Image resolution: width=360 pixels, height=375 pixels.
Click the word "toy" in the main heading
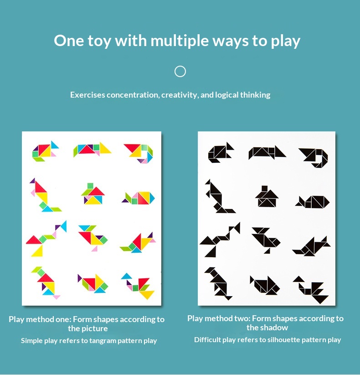pos(99,41)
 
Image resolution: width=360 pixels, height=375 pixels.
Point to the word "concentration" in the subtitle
pos(133,95)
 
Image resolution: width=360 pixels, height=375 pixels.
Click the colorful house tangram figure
pos(93,194)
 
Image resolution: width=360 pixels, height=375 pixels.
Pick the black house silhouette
pos(267,196)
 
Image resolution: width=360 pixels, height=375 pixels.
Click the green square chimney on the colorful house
pos(90,186)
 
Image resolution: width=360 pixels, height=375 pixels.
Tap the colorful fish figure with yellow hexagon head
pos(139,198)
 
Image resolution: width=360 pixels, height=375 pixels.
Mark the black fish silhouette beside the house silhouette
pos(313,202)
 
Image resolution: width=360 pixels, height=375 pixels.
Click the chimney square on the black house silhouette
pos(264,188)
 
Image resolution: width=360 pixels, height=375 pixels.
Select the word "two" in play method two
pos(243,318)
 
